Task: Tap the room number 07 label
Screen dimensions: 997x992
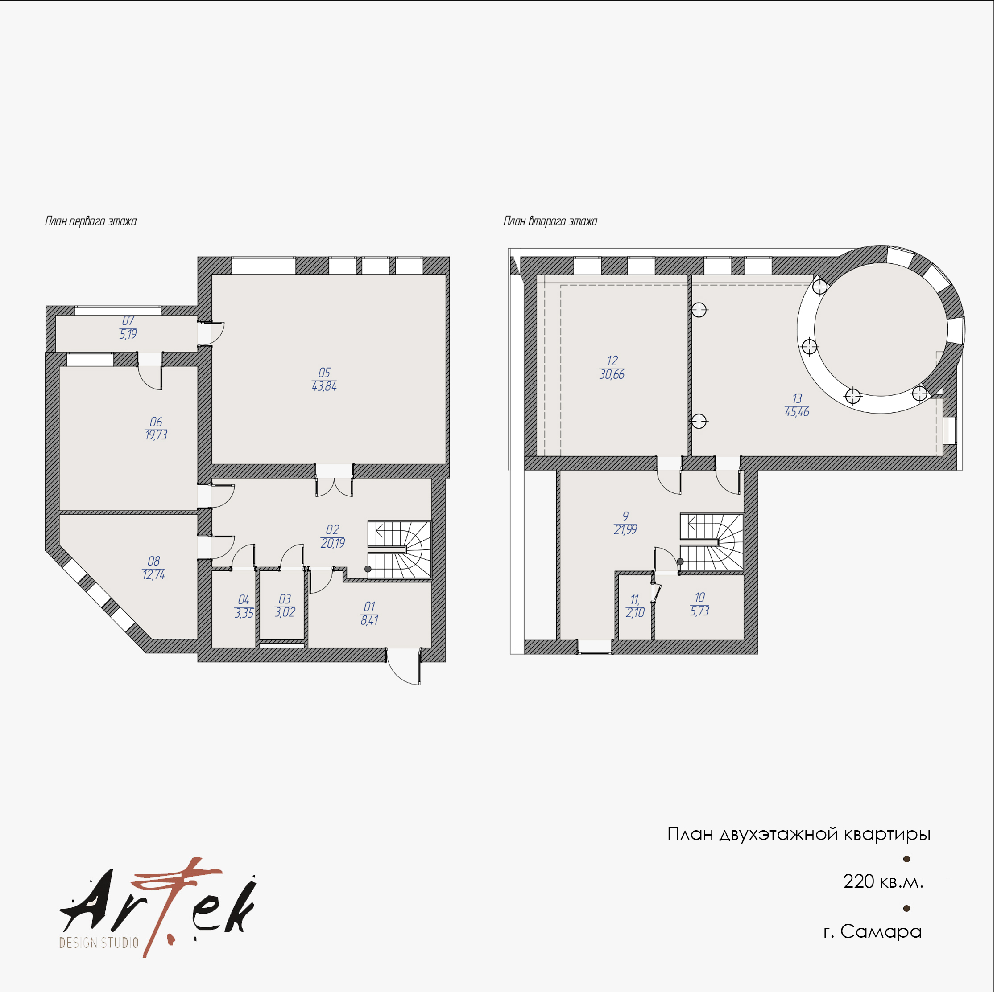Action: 128,321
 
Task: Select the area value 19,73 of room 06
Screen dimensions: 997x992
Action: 156,435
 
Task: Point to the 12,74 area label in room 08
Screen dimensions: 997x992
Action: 154,575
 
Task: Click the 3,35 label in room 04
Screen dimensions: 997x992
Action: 244,613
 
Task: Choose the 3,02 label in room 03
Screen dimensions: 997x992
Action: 285,612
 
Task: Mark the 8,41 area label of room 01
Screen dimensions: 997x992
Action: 369,620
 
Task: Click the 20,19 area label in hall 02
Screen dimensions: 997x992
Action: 333,543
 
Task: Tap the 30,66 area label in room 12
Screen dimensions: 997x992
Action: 612,375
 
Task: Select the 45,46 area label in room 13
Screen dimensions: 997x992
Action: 797,412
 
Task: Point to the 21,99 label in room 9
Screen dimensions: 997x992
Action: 625,530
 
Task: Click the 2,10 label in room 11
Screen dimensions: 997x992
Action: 635,613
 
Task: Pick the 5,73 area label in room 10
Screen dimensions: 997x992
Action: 700,611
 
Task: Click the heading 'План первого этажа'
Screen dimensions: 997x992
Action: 91,221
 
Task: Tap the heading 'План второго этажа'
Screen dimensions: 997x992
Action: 550,221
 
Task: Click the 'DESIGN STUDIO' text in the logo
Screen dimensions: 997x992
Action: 99,943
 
